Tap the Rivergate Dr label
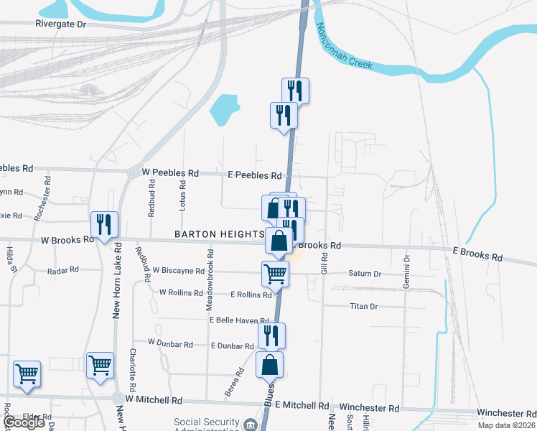pyautogui.click(x=60, y=24)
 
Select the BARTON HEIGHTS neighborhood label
pyautogui.click(x=218, y=234)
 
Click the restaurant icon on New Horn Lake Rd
pyautogui.click(x=104, y=225)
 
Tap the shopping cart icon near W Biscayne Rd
pyautogui.click(x=275, y=274)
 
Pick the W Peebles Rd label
pyautogui.click(x=170, y=173)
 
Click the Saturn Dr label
pyautogui.click(x=365, y=274)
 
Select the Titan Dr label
pyautogui.click(x=363, y=306)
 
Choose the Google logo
pyautogui.click(x=24, y=422)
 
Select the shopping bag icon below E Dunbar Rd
pyautogui.click(x=269, y=365)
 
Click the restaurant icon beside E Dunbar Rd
pyautogui.click(x=271, y=335)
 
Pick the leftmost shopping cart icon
pyautogui.click(x=27, y=374)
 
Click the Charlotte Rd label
pyautogui.click(x=134, y=366)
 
